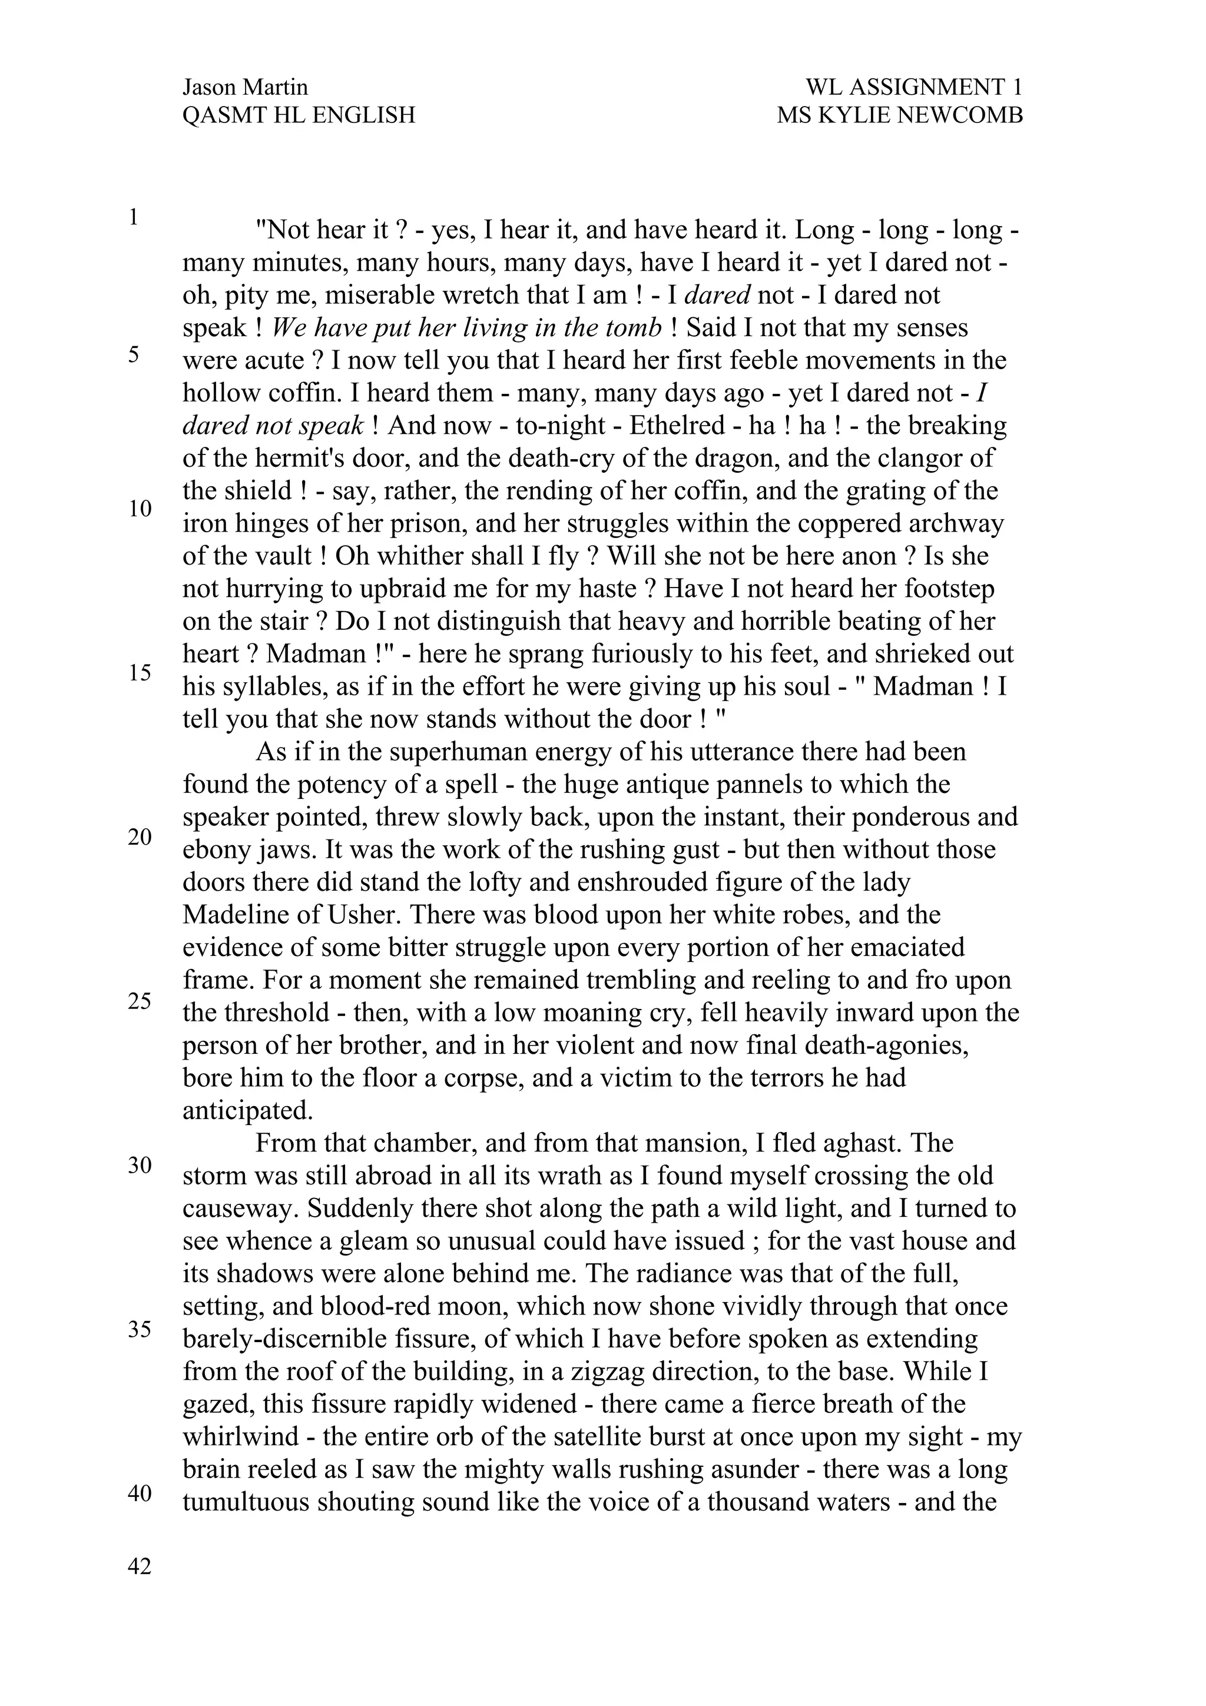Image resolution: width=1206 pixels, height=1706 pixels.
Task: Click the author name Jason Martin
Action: pyautogui.click(x=244, y=88)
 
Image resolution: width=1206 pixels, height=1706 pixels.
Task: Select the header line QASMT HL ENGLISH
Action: pyautogui.click(x=298, y=115)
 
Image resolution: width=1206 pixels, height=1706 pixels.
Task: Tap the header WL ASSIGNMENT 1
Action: pyautogui.click(x=913, y=88)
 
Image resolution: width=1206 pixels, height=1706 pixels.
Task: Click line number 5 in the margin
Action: pyautogui.click(x=134, y=354)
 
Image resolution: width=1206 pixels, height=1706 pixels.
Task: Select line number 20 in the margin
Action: pyautogui.click(x=140, y=837)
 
